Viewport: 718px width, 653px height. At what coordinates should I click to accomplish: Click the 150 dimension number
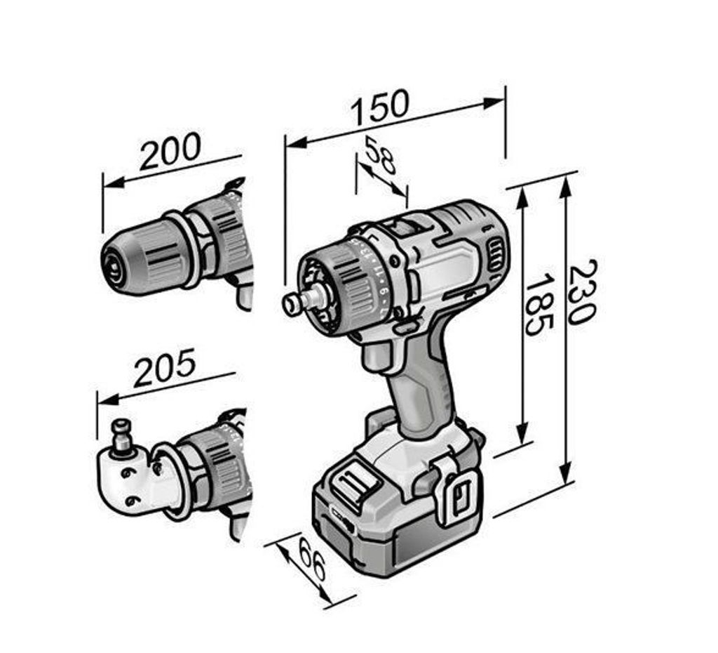[379, 107]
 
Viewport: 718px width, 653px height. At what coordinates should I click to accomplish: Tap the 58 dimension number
[379, 155]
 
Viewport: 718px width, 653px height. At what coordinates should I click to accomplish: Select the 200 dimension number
[170, 151]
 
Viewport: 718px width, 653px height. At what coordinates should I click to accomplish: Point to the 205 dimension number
[165, 367]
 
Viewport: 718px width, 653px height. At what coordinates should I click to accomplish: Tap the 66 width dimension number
[312, 559]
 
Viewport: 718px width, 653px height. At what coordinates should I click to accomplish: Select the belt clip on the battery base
[458, 491]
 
